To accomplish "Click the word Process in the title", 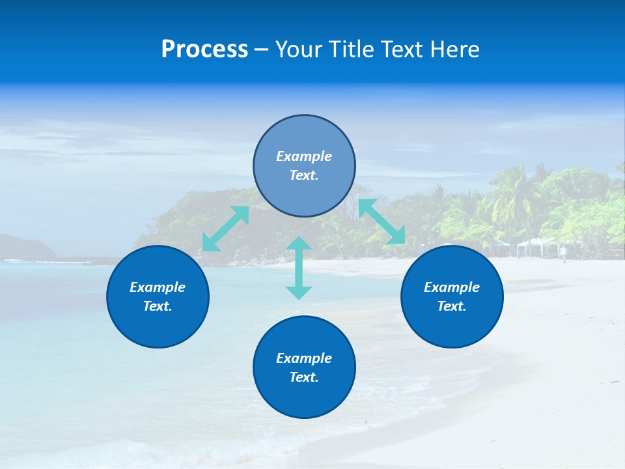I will [x=204, y=50].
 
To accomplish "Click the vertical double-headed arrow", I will [x=299, y=268].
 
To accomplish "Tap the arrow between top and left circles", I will [x=226, y=229].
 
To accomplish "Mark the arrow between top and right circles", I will [x=382, y=221].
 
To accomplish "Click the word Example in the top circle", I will [x=304, y=156].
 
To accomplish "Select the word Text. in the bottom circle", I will [x=304, y=377].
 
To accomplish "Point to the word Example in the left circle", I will [x=158, y=287].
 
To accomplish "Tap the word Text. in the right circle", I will [x=452, y=306].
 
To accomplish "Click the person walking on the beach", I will [x=563, y=253].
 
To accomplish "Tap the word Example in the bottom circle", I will [x=304, y=358].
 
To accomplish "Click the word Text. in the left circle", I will [x=158, y=306].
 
